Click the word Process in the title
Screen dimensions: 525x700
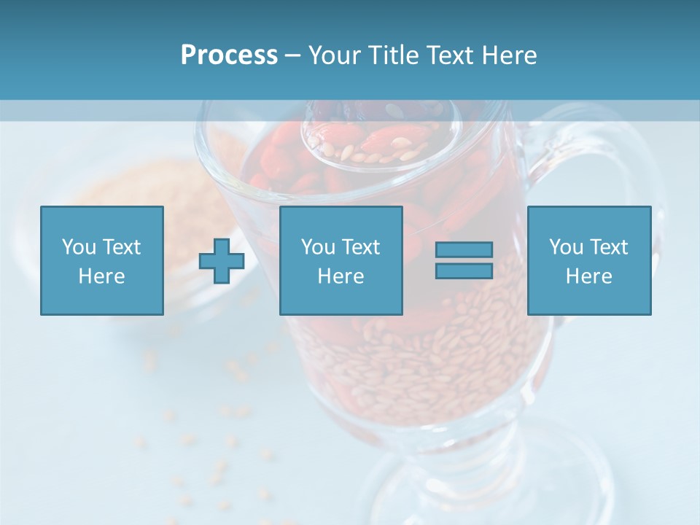click(x=229, y=55)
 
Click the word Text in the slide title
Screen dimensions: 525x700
click(x=453, y=55)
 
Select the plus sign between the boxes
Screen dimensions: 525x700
click(x=222, y=261)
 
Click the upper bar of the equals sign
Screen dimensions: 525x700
click(x=464, y=249)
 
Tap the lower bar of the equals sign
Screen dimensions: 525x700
click(x=464, y=271)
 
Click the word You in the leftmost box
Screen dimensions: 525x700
click(x=79, y=247)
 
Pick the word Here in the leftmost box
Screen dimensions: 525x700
click(x=101, y=276)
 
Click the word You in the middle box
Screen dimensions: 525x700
click(x=318, y=247)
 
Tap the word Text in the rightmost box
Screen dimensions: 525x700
click(x=609, y=247)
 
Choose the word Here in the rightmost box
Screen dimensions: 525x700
click(x=588, y=276)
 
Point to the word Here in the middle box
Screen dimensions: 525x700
click(x=341, y=276)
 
